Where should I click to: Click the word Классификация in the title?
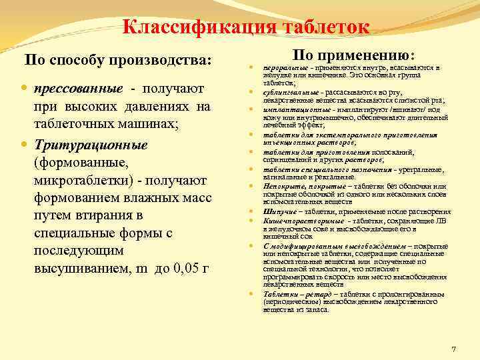coord(195,28)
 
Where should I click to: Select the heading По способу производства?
coord(117,61)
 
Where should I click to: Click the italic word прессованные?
coord(79,89)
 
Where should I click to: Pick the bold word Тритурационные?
coord(91,145)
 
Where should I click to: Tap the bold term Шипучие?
coord(277,211)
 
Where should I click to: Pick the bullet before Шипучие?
coord(251,211)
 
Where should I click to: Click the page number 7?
coord(453,349)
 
